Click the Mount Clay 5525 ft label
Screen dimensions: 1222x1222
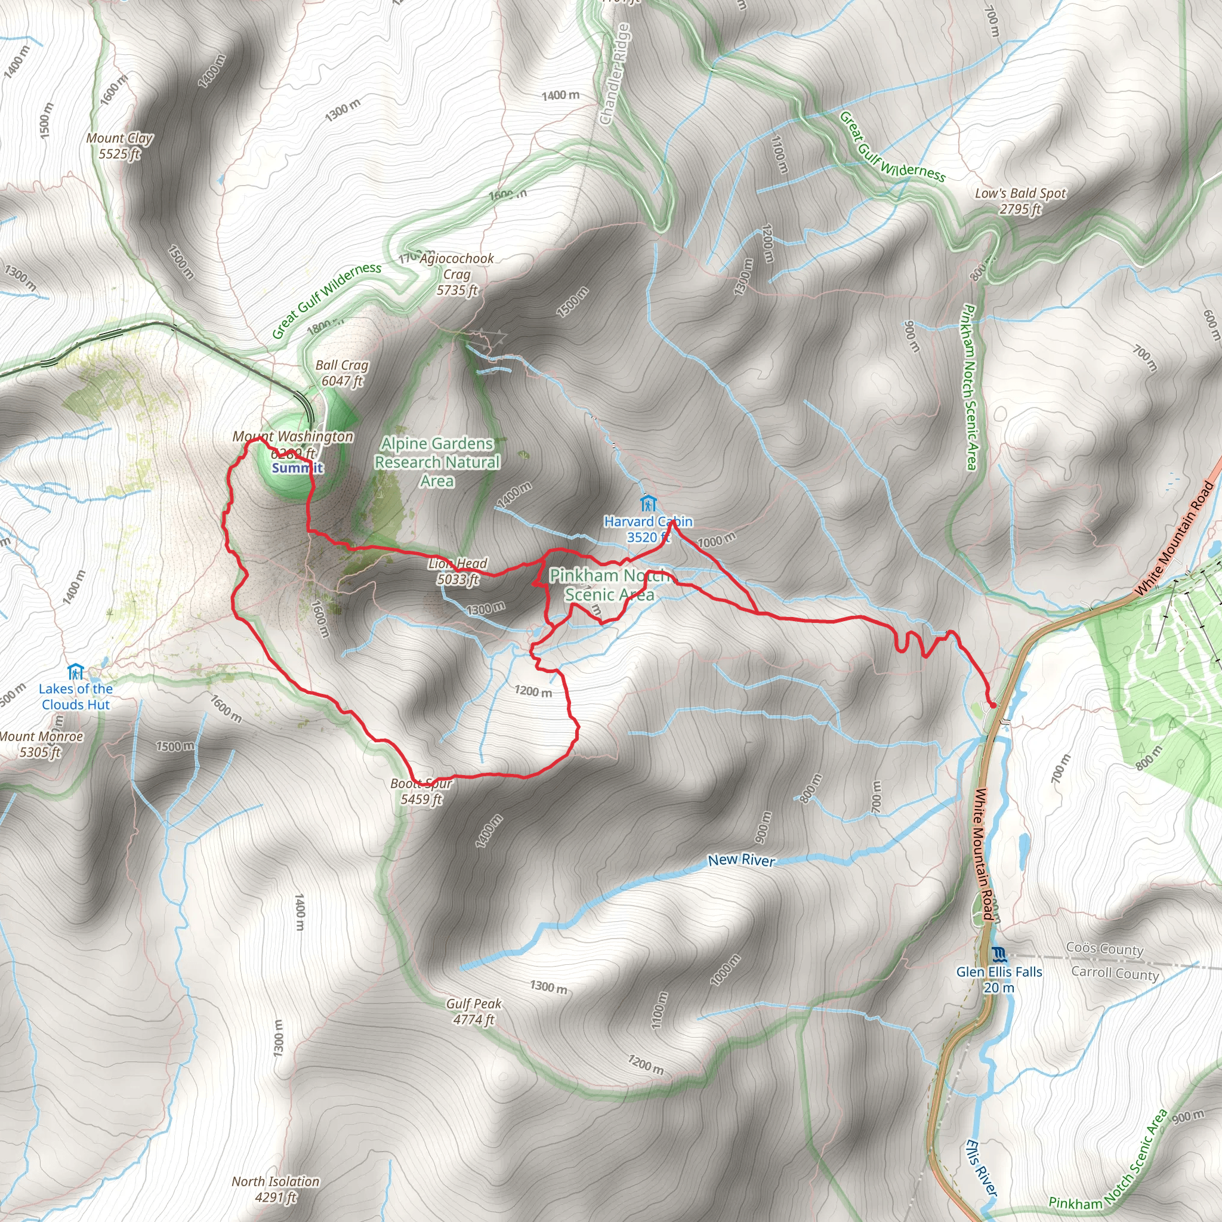[119, 146]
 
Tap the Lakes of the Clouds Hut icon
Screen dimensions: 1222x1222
[75, 670]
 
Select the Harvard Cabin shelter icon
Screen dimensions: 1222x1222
[647, 504]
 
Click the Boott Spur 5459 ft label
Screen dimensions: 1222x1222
[421, 791]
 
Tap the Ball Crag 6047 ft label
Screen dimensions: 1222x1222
[341, 372]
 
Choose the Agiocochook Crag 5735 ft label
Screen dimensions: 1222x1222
[456, 274]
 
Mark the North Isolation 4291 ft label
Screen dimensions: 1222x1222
[275, 1189]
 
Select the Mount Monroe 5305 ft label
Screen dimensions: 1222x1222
[41, 744]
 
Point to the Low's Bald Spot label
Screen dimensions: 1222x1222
[1020, 201]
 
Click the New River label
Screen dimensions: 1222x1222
[741, 860]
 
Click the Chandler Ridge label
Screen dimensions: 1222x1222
[615, 74]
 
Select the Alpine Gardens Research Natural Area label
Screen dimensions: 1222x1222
[437, 462]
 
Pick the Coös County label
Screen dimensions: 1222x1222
[1104, 949]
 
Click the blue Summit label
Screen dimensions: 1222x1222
[297, 468]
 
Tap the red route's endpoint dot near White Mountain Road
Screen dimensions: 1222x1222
[993, 705]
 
